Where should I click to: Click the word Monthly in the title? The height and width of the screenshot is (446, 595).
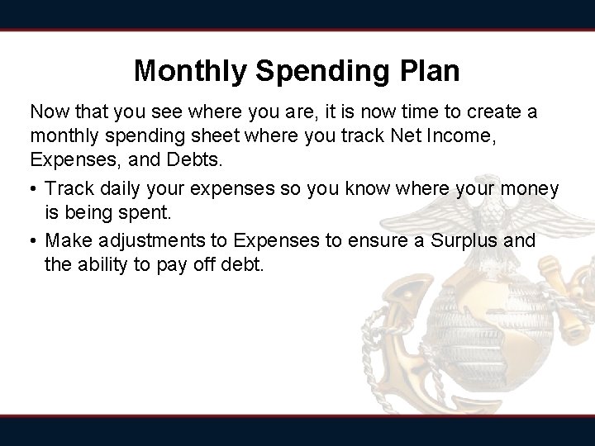pyautogui.click(x=191, y=70)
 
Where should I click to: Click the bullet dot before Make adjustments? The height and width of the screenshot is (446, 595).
pyautogui.click(x=34, y=240)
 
